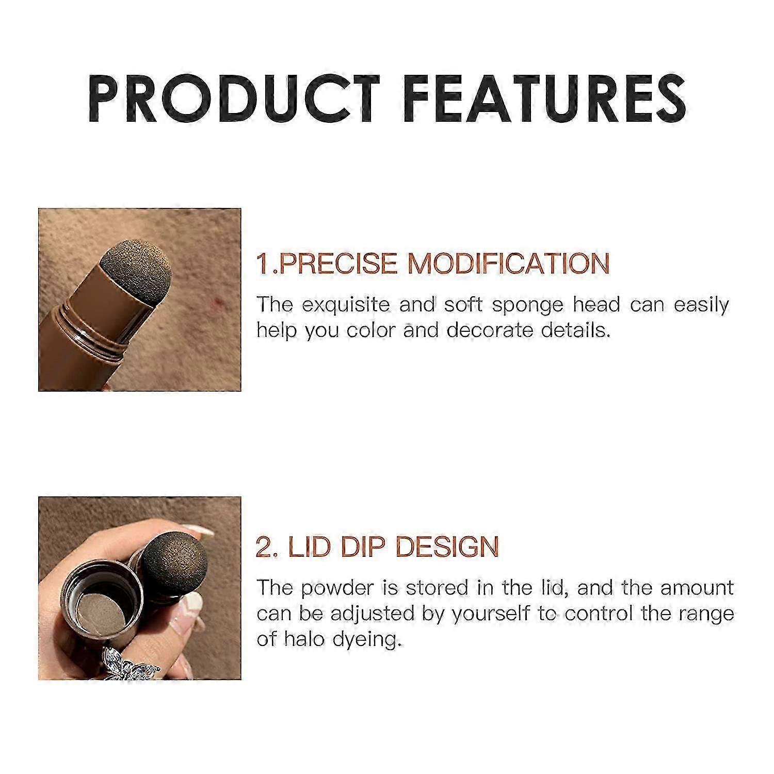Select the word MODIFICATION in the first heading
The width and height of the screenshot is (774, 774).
(509, 263)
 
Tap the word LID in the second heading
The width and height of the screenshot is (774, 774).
(304, 547)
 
